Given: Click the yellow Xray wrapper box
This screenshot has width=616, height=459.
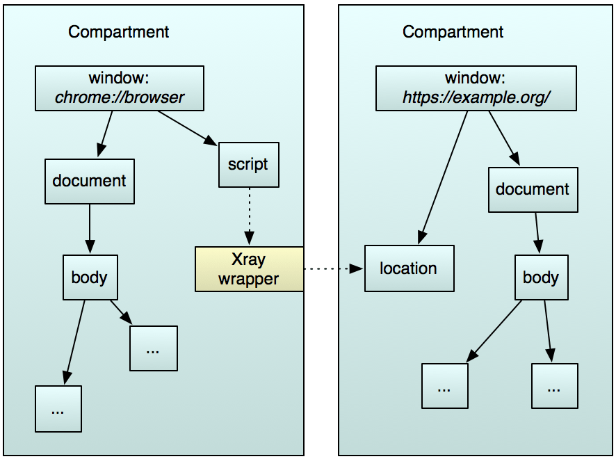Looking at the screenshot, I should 249,269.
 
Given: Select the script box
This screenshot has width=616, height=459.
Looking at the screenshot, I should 248,165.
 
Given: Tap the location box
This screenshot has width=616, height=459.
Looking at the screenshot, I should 409,268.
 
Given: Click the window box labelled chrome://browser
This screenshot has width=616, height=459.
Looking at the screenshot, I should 120,88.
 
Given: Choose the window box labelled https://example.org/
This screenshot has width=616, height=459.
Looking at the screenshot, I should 476,88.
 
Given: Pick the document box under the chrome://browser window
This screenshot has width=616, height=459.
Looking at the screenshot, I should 90,181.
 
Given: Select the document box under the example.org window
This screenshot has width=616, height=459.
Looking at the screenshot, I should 533,189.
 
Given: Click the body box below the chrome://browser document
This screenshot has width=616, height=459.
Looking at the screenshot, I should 90,277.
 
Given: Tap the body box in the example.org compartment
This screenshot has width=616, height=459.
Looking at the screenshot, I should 541,277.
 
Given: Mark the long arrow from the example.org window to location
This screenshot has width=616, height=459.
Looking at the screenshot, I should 444,177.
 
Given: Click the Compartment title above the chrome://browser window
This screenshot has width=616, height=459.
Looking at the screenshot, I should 119,32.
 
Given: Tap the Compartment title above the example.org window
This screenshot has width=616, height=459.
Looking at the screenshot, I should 453,32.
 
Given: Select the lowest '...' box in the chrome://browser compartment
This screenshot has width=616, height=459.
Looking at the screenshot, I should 58,409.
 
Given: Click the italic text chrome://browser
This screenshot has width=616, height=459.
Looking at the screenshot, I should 120,97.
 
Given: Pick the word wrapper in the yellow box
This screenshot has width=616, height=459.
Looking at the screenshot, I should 248,279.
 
